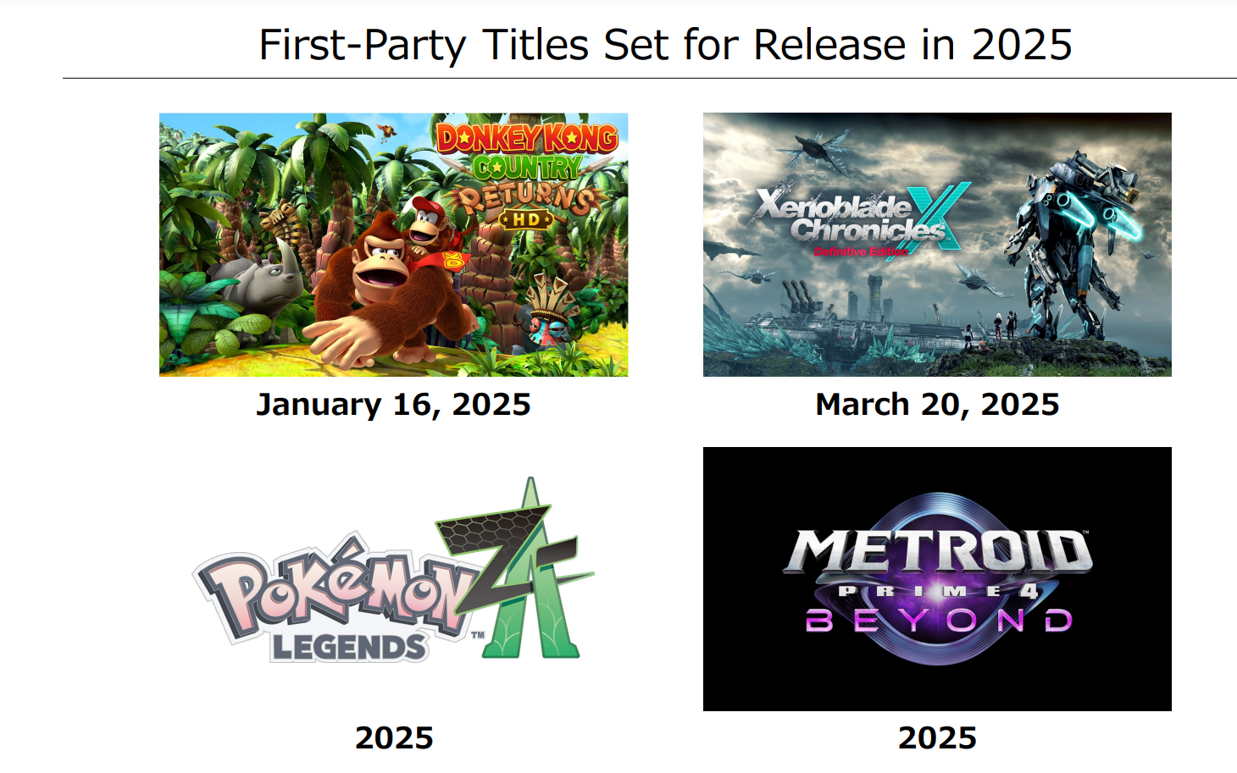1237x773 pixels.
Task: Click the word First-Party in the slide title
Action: click(363, 45)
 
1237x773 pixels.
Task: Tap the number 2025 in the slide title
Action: click(1021, 45)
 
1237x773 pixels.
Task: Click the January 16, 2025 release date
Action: click(393, 405)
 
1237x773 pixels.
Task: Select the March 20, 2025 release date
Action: click(937, 405)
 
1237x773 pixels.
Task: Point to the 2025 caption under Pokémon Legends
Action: click(394, 737)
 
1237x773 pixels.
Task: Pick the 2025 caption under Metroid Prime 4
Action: click(937, 737)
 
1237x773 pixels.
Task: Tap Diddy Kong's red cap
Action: click(429, 207)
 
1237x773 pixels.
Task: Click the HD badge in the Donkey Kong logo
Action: click(525, 219)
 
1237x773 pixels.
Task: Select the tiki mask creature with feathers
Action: click(550, 312)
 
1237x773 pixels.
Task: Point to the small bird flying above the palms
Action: click(387, 132)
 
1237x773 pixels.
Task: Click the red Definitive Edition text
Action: click(860, 251)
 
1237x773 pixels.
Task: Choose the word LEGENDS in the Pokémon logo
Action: click(349, 647)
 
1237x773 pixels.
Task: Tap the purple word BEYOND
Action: click(938, 620)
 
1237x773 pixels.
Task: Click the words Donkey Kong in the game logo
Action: click(527, 138)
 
